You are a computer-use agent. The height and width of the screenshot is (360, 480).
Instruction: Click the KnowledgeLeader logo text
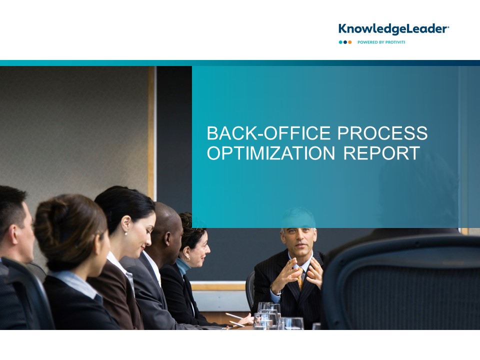point(393,29)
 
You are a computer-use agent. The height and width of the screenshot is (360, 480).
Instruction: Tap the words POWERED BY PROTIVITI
point(381,42)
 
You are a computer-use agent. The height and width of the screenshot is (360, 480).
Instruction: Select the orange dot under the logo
point(350,42)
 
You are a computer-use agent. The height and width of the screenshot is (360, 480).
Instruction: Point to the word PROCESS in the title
point(382,133)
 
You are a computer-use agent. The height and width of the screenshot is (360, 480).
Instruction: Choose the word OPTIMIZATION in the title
point(271,153)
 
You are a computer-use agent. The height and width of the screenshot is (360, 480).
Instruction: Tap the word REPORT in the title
point(381,153)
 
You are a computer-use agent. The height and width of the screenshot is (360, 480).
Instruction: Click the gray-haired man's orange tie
point(300,279)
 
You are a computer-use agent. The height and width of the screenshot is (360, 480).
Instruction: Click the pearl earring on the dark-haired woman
point(126,234)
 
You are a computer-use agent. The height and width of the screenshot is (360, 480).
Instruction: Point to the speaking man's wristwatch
point(276,293)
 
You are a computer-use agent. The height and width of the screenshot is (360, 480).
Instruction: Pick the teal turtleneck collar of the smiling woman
point(183,265)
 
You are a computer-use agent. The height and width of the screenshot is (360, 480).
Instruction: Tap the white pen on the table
point(234,316)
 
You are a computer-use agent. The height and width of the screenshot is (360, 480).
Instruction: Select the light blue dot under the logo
point(340,42)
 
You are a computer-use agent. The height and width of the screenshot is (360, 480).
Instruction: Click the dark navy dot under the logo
point(345,42)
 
